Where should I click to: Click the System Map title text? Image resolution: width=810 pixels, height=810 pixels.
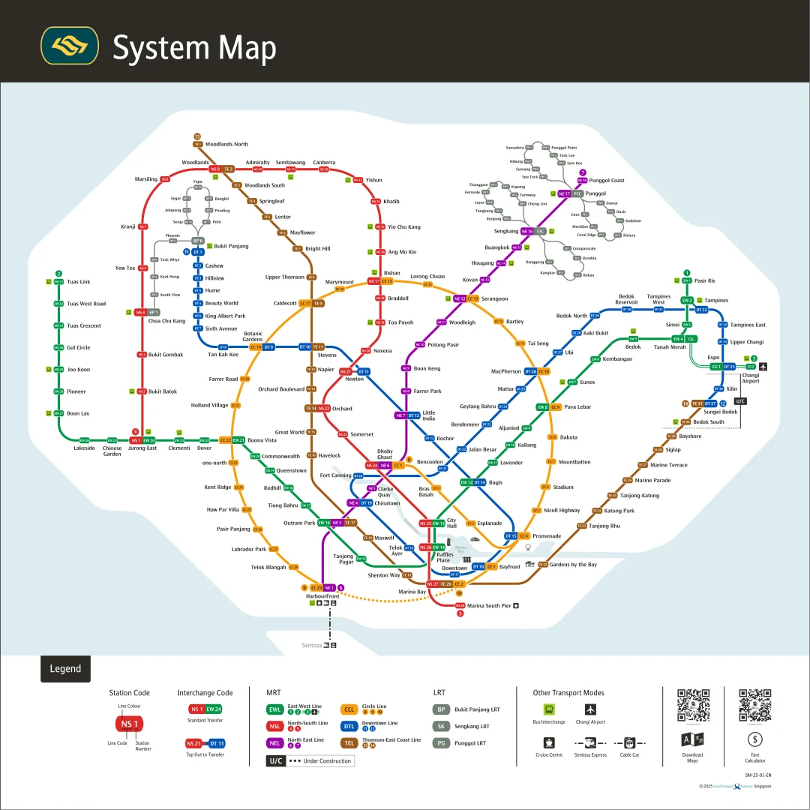[x=194, y=48]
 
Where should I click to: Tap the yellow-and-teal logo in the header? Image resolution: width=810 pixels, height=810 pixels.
[x=70, y=46]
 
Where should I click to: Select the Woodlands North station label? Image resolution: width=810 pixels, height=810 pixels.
[x=226, y=144]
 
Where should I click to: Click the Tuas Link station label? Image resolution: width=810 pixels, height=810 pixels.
[x=79, y=282]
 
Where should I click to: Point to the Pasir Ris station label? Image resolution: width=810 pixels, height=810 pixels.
[x=705, y=280]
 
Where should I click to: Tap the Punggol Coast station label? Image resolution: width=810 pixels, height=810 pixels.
[x=607, y=180]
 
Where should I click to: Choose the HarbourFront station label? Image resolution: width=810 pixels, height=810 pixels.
[x=323, y=596]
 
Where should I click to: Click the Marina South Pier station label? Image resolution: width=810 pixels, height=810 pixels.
[x=489, y=605]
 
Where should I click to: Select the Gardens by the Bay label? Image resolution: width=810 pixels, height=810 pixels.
[x=573, y=565]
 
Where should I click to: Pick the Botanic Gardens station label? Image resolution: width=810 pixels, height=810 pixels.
[x=253, y=336]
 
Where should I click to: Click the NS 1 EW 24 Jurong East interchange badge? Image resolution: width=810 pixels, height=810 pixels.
[x=143, y=440]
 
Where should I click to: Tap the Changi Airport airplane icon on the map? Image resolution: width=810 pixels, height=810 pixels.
[x=763, y=366]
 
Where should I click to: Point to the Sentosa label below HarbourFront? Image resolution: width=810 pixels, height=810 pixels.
[x=312, y=645]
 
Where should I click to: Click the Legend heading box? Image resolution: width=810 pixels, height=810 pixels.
[x=65, y=669]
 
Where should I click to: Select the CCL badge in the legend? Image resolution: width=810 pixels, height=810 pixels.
[x=349, y=709]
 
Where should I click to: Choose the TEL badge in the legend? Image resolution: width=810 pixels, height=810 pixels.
[x=349, y=742]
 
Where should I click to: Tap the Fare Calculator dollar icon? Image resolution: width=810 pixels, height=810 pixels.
[x=755, y=739]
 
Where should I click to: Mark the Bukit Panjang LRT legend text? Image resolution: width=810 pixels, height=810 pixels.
[x=477, y=709]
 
